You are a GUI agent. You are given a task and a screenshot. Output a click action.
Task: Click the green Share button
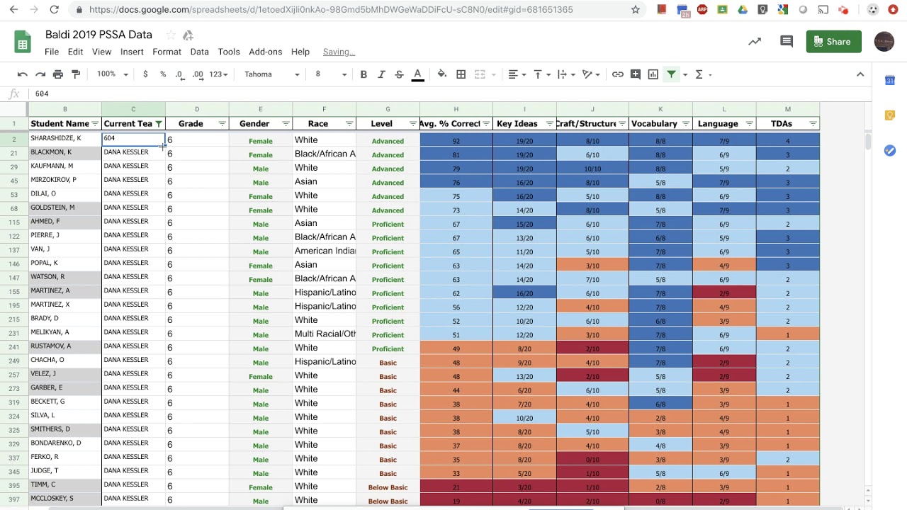833,42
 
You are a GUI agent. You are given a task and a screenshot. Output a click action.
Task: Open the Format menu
167,52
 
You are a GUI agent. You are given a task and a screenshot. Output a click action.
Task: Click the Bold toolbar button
364,74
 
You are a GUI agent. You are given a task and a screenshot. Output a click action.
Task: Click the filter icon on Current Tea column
159,124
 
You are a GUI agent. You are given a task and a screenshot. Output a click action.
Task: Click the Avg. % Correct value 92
456,141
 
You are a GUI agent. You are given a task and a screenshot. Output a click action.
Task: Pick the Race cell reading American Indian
324,251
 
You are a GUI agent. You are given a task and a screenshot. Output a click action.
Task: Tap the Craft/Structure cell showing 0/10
592,460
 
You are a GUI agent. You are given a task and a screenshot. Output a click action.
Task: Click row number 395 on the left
13,486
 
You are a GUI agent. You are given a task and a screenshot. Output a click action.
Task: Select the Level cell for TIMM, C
388,487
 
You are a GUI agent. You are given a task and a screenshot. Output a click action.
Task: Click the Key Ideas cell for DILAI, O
524,196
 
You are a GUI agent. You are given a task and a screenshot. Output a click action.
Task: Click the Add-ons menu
265,52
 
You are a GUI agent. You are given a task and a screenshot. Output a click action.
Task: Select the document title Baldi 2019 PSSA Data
98,35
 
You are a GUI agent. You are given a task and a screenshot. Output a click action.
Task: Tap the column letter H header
456,109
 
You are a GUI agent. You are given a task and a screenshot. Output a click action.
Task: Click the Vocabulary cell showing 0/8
660,501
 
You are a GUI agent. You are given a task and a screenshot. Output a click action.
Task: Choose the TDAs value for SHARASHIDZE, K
787,141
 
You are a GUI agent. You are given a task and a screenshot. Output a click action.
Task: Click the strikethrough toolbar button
399,74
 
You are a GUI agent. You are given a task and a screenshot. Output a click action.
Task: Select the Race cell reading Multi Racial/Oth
324,334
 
